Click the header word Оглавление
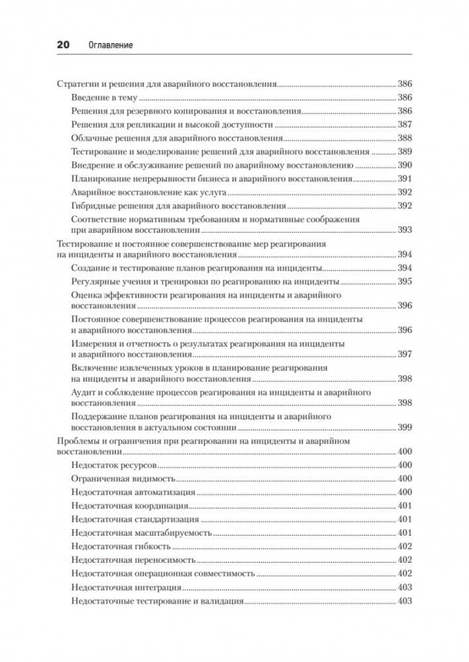coord(110,45)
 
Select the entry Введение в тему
coord(101,98)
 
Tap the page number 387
coord(404,125)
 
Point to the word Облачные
coord(89,138)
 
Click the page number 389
coord(404,151)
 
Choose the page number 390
coord(404,165)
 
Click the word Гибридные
coord(91,206)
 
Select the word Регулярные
coord(93,282)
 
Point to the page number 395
coord(404,282)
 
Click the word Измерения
coord(92,344)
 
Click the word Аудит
coord(82,392)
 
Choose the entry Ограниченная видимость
coord(123,478)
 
